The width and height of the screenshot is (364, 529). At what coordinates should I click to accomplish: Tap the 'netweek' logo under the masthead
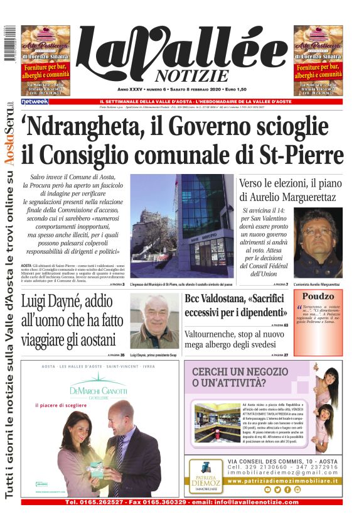point(35,101)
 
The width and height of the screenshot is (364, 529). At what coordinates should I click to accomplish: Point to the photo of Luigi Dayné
point(154,320)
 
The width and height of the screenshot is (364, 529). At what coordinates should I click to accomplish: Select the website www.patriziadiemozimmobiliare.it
point(282,481)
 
